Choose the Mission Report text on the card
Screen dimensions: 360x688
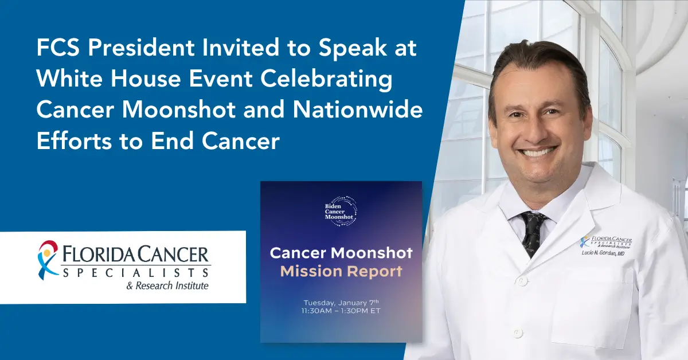tap(341, 271)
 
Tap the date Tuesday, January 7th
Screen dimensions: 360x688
tap(341, 302)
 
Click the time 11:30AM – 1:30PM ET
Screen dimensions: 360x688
tap(341, 311)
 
